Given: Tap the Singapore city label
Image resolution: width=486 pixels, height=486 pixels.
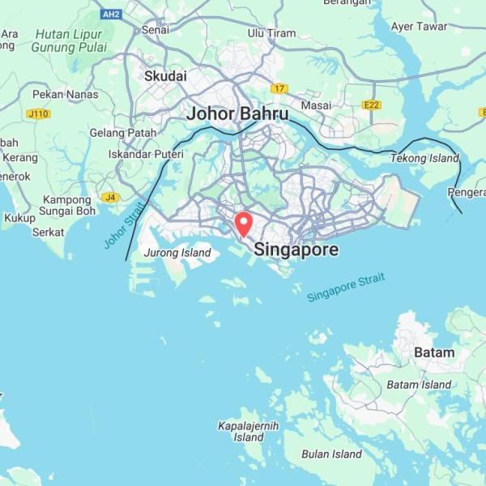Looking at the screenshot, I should click(296, 249).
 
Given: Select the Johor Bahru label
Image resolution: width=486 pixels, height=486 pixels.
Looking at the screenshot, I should click(237, 114).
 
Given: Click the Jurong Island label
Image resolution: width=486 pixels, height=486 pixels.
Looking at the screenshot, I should click(177, 254).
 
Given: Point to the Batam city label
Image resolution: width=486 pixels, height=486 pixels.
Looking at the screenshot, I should click(434, 352).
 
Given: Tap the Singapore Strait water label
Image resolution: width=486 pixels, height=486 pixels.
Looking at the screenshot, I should click(347, 288).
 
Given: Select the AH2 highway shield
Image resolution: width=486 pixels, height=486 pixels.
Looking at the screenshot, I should click(111, 14).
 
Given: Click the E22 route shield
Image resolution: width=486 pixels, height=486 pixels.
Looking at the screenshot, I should click(372, 105).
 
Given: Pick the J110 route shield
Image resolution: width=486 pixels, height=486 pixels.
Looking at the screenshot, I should click(38, 114).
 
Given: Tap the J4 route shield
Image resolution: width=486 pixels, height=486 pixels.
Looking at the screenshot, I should click(109, 197).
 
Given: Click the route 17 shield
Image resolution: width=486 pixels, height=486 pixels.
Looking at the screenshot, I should click(280, 88).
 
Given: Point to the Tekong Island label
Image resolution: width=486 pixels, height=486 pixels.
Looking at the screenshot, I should click(424, 158).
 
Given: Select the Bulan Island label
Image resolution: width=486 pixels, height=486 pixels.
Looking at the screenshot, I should click(331, 454).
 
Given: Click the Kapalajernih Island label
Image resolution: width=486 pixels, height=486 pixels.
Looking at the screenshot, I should click(248, 431).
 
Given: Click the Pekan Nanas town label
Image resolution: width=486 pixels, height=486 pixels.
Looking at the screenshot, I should click(66, 94).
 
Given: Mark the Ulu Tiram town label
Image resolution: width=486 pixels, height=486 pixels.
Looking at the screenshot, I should click(271, 32).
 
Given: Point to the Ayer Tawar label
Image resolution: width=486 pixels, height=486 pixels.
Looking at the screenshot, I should click(419, 27).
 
